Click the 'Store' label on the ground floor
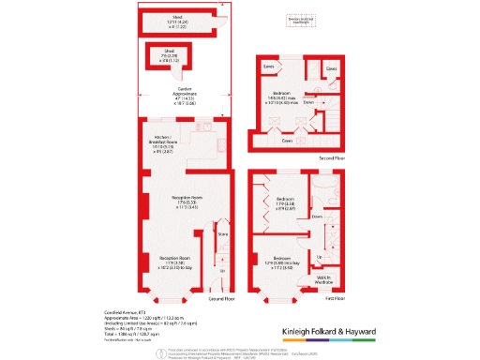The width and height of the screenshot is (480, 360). [223, 233]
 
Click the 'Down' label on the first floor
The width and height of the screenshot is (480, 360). [317, 217]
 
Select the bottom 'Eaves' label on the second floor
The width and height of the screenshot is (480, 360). [288, 140]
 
